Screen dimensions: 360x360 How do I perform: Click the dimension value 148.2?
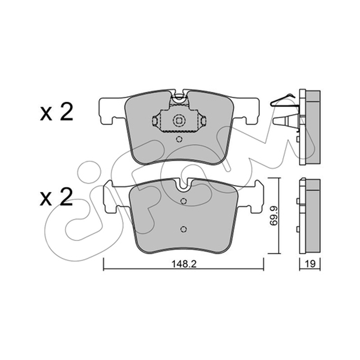184,264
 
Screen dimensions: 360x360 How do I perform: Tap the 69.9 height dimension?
274,216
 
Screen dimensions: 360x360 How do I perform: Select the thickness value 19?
310,264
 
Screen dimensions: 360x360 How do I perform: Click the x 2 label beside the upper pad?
56,112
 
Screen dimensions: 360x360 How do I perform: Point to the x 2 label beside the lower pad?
56,197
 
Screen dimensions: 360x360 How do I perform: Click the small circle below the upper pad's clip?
179,139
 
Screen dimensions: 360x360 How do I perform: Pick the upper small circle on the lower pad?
184,201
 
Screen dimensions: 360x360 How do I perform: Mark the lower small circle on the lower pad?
184,229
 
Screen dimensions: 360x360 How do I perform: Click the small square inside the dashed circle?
178,121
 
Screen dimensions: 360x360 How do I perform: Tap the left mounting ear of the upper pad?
112,111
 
